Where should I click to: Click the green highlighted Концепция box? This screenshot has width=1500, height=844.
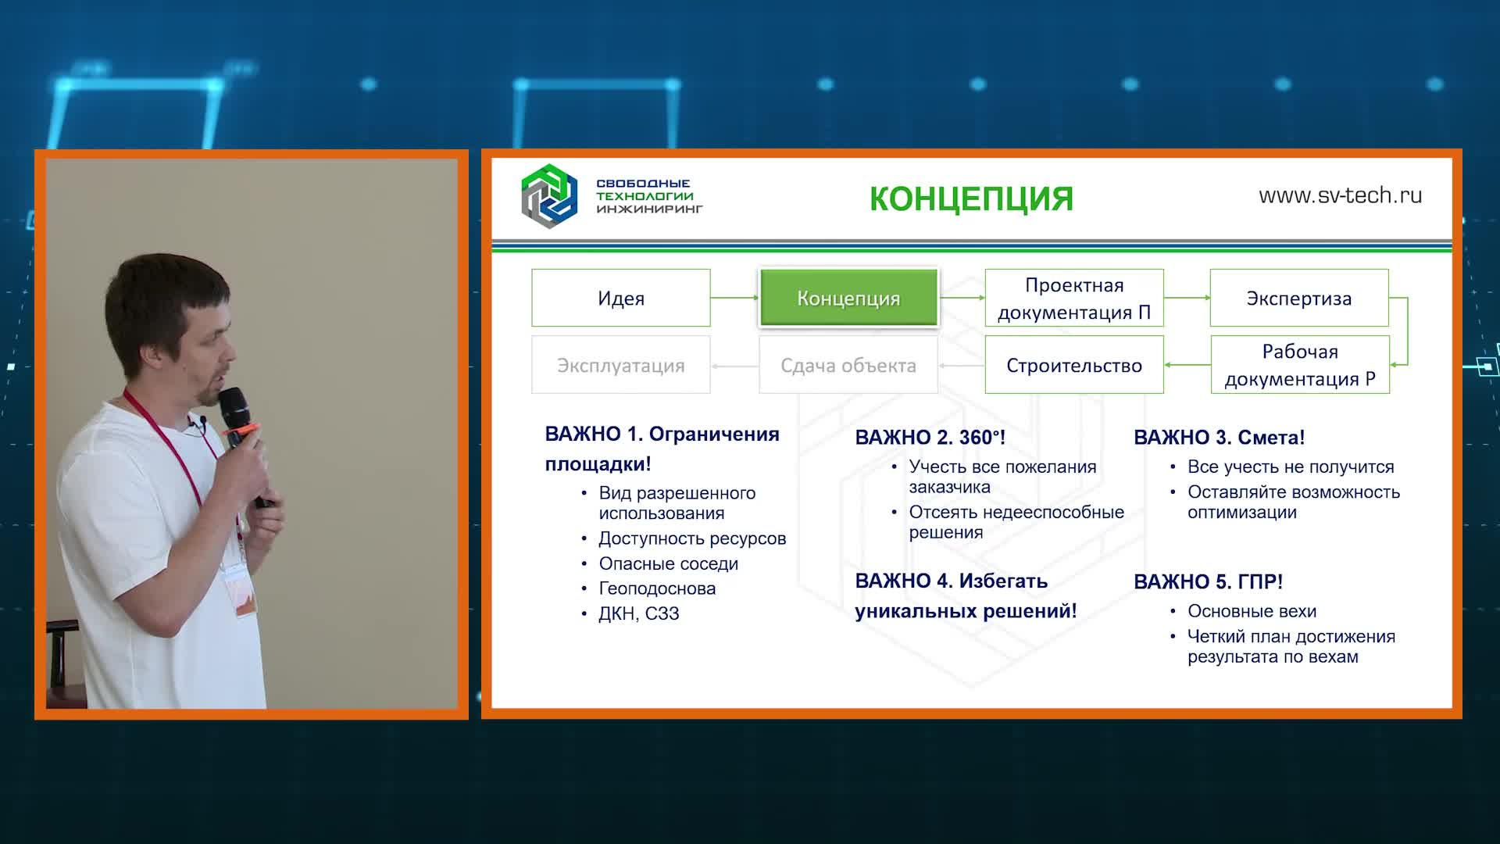tap(848, 298)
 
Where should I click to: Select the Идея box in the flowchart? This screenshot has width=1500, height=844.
tap(621, 298)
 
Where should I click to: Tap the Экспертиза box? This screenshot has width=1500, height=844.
tap(1299, 298)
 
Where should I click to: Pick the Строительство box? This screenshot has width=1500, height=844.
tap(1074, 365)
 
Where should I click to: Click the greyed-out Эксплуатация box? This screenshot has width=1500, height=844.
tap(621, 365)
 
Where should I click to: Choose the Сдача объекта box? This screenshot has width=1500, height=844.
tap(848, 365)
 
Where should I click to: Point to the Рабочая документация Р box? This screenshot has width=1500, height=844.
tap(1300, 365)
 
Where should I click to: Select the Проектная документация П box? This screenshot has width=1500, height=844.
tap(1074, 298)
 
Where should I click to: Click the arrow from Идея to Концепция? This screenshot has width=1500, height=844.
tap(734, 298)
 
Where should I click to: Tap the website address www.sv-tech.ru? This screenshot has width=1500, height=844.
tap(1340, 195)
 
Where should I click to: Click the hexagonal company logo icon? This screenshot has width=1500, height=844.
tap(549, 196)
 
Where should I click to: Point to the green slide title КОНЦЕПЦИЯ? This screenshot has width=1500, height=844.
tap(971, 198)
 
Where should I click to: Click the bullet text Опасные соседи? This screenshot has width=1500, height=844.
tap(668, 563)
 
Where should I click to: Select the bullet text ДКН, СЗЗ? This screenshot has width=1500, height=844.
tap(639, 613)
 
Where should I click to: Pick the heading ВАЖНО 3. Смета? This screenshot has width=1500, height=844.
tap(1219, 438)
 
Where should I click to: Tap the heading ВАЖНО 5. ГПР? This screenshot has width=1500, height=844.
tap(1208, 582)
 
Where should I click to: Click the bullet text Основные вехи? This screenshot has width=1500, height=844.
tap(1252, 611)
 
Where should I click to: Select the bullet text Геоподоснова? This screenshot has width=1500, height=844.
tap(657, 588)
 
